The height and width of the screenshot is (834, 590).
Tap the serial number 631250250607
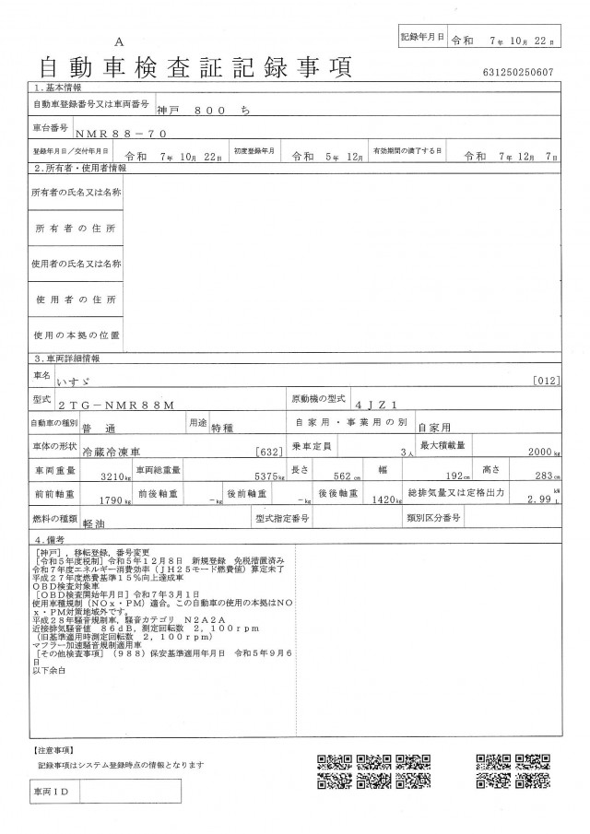click(518, 71)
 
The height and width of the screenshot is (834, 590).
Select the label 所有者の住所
click(77, 228)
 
